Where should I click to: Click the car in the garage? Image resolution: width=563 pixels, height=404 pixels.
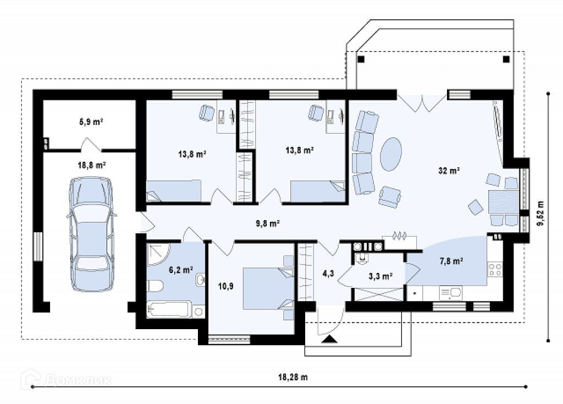pyautogui.click(x=92, y=233)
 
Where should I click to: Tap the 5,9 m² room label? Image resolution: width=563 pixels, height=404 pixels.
pyautogui.click(x=91, y=122)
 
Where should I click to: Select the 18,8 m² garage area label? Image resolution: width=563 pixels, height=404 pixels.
pyautogui.click(x=92, y=165)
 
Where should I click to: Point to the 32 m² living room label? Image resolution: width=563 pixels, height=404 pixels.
pyautogui.click(x=449, y=171)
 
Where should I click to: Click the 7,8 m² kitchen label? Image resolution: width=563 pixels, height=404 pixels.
pyautogui.click(x=451, y=261)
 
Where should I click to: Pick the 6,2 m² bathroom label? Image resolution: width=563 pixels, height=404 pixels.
pyautogui.click(x=181, y=269)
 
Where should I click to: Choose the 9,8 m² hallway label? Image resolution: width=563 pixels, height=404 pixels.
pyautogui.click(x=268, y=223)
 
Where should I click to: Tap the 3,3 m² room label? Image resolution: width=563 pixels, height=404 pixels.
pyautogui.click(x=380, y=276)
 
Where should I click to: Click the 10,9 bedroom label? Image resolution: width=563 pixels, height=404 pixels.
pyautogui.click(x=226, y=286)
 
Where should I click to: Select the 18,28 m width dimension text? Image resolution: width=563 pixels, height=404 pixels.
pyautogui.click(x=293, y=377)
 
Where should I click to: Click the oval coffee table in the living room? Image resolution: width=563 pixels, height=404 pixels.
pyautogui.click(x=390, y=154)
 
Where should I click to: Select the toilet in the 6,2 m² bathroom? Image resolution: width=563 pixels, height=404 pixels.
pyautogui.click(x=154, y=286)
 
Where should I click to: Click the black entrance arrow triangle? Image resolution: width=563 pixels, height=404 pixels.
pyautogui.click(x=329, y=339)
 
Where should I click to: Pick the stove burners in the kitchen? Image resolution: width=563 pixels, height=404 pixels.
pyautogui.click(x=495, y=270)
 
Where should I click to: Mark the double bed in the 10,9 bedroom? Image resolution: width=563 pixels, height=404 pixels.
pyautogui.click(x=268, y=288)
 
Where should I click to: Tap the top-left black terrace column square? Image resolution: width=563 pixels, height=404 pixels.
pyautogui.click(x=361, y=59)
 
